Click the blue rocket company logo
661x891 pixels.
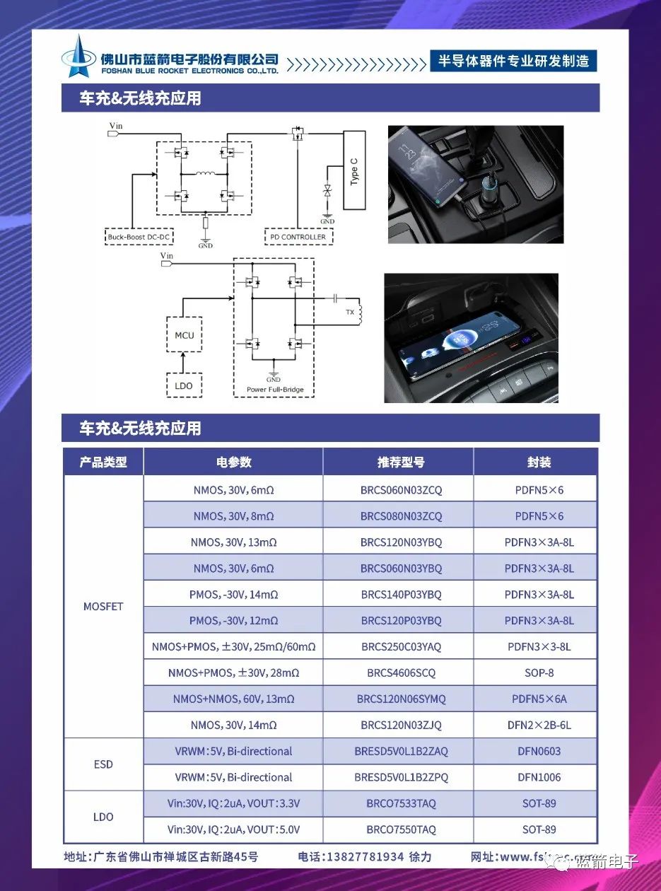point(79,57)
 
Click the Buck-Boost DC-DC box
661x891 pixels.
point(140,237)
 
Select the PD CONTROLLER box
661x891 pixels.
point(299,237)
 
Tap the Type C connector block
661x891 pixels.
point(354,170)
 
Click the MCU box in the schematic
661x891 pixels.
point(184,335)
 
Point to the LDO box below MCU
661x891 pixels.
point(184,385)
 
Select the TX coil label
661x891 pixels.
point(349,312)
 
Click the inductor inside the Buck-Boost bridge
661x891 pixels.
point(205,173)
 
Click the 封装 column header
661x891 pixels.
point(539,462)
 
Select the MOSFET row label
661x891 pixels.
point(103,607)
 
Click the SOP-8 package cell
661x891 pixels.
point(539,672)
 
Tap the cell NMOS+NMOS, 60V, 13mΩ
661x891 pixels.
point(233,699)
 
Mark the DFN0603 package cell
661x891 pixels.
point(539,751)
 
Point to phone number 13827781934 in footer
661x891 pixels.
point(364,857)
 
